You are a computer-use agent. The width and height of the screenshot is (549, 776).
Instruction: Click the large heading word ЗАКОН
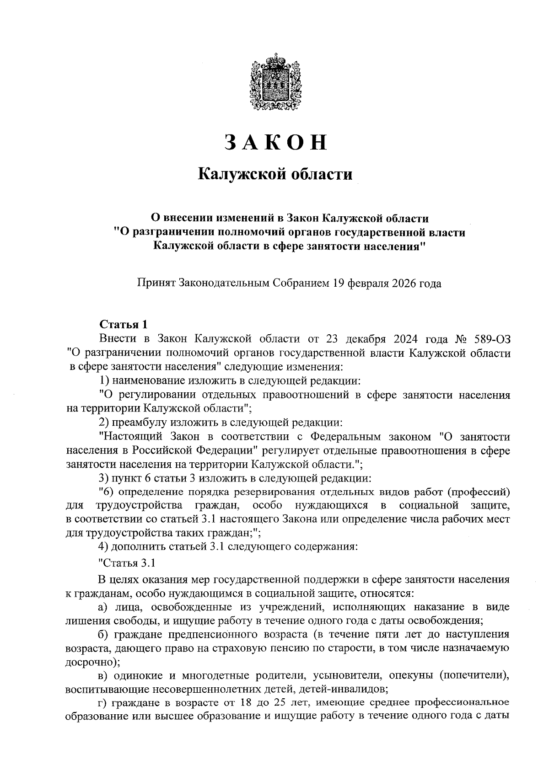click(x=275, y=143)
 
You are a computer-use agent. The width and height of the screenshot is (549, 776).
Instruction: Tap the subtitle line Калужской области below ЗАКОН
click(x=275, y=174)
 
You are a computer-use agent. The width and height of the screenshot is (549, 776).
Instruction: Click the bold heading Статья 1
click(x=124, y=325)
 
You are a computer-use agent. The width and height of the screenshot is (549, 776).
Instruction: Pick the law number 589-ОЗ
click(x=490, y=339)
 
